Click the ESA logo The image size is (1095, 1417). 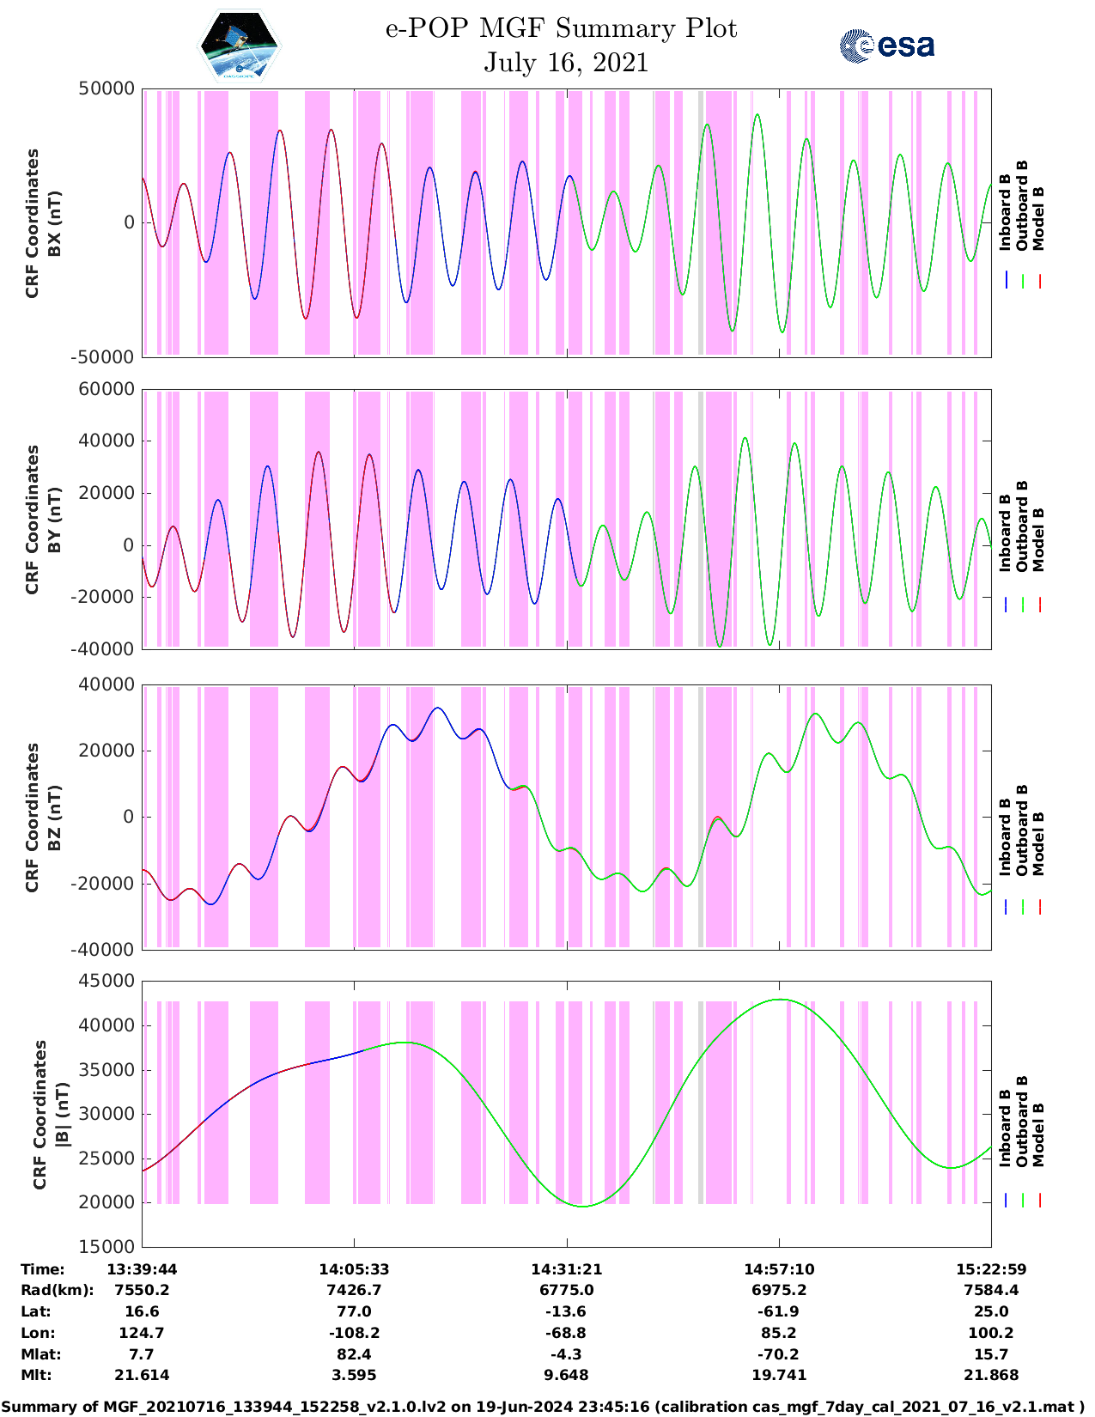point(887,46)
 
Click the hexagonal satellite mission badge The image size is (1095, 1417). point(240,46)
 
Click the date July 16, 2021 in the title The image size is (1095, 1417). point(565,63)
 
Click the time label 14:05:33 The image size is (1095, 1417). point(354,1269)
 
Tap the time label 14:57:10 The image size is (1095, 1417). point(779,1269)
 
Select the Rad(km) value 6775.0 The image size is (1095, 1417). point(566,1290)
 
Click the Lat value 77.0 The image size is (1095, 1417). point(354,1311)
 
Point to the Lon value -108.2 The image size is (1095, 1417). point(354,1333)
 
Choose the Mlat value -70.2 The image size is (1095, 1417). point(779,1354)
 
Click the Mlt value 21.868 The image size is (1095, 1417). point(991,1375)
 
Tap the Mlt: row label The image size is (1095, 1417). point(36,1375)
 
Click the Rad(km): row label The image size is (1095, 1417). point(57,1290)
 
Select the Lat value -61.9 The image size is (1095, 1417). point(779,1311)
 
